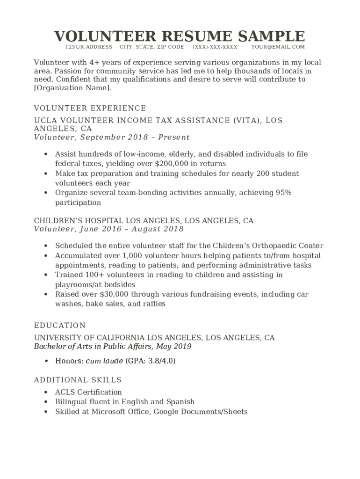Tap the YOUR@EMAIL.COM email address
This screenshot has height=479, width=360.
278,47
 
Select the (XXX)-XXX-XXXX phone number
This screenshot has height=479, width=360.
215,47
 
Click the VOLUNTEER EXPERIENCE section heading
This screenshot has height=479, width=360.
90,109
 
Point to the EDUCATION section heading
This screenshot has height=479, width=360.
60,326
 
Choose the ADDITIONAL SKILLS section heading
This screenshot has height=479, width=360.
78,380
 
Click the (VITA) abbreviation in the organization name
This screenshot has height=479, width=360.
246,121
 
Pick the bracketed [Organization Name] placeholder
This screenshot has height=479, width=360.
73,88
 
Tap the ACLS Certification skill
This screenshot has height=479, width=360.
88,392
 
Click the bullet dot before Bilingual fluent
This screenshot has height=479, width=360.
45,402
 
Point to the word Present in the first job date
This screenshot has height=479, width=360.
174,138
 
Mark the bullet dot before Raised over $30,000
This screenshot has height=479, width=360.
45,294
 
